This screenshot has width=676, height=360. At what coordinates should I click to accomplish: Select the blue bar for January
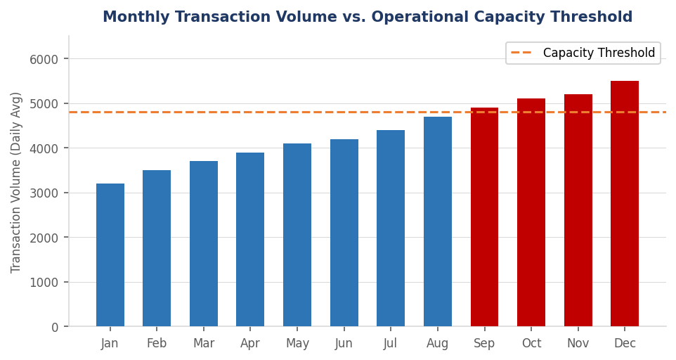click(x=110, y=255)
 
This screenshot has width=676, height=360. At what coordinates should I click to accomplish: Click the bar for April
click(x=250, y=240)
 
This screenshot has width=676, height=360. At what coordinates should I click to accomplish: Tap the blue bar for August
click(x=437, y=221)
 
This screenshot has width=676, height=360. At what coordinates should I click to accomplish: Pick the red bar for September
click(x=484, y=217)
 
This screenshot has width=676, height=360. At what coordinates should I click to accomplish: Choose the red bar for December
click(x=625, y=204)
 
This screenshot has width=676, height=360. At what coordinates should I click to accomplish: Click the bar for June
click(x=344, y=233)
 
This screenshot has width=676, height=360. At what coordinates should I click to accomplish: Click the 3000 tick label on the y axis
click(x=44, y=193)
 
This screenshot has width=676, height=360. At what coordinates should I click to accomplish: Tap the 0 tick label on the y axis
click(x=53, y=327)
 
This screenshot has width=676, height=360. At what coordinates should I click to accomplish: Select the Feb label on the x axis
click(x=157, y=344)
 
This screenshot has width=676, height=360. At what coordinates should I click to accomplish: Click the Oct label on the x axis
click(x=531, y=344)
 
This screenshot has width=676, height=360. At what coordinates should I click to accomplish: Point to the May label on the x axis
click(x=297, y=344)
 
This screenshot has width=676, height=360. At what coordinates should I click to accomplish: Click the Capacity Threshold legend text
click(x=599, y=53)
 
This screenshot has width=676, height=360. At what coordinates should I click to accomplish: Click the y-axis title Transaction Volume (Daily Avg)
click(x=17, y=182)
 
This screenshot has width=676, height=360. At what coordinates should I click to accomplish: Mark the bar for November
click(x=578, y=211)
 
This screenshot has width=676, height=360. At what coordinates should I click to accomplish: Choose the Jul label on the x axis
click(x=391, y=344)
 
